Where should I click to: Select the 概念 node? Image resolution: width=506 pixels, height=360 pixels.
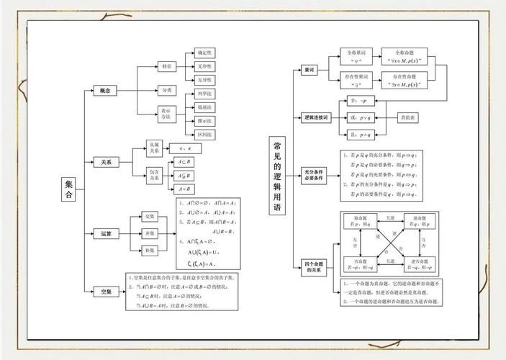105,90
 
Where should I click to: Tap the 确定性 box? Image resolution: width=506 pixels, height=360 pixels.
204,53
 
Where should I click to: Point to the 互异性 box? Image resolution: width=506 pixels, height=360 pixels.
204,80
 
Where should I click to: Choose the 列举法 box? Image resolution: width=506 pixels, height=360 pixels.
204,94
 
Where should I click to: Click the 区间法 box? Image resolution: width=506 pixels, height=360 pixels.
204,135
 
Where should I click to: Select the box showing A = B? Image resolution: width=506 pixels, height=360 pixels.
184,189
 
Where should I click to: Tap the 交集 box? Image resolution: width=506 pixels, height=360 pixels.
150,216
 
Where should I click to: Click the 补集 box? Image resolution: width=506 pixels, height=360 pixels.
150,250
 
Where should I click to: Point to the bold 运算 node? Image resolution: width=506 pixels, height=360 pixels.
105,234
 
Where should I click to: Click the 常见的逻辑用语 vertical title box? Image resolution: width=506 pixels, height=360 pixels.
277,176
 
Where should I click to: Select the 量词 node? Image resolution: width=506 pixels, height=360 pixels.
310,71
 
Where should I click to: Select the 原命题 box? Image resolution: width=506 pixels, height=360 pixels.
361,220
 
